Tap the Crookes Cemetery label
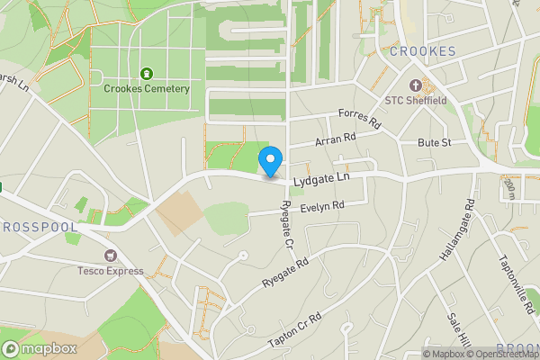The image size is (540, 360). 146,88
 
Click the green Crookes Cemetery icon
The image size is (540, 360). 146,73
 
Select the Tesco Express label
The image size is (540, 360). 111,271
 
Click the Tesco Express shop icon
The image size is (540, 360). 111,256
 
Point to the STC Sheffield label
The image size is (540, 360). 415,100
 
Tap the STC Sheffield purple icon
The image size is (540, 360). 415,85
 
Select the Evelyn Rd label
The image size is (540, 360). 323,206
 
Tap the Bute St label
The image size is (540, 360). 434,143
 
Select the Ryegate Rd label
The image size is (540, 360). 285,273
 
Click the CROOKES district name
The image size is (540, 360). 422,51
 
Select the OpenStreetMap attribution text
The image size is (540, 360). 502,354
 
